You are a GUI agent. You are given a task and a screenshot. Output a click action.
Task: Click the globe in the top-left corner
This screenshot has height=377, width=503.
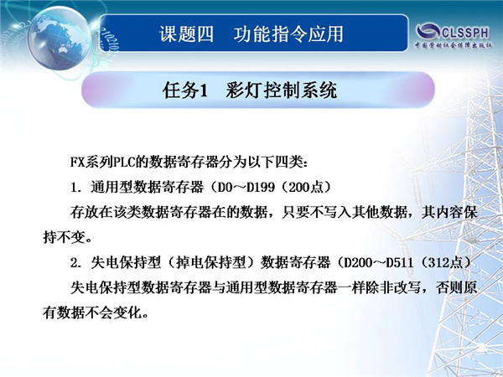click(x=60, y=39)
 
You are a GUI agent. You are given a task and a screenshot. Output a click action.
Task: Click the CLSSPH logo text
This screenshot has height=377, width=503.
click(x=465, y=32)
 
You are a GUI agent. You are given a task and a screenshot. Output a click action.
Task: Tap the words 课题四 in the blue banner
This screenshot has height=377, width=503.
click(x=186, y=34)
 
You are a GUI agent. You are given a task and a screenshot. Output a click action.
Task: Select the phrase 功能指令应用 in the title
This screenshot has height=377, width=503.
click(x=288, y=34)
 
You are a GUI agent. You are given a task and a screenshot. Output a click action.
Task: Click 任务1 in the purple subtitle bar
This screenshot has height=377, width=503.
click(x=185, y=90)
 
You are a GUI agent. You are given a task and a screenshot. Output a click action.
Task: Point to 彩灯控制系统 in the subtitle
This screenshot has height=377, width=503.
click(x=282, y=90)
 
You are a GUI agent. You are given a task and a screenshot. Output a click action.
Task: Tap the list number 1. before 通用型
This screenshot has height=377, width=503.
click(x=76, y=187)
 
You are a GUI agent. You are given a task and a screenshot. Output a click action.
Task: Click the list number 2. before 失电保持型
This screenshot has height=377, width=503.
click(x=76, y=263)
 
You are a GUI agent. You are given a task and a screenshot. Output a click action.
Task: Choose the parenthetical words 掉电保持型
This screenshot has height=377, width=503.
click(x=211, y=263)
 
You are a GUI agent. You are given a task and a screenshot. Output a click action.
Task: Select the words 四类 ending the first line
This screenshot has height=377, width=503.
click(x=288, y=162)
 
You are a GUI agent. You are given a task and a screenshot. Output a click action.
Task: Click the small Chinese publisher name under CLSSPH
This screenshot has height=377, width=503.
click(x=454, y=45)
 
